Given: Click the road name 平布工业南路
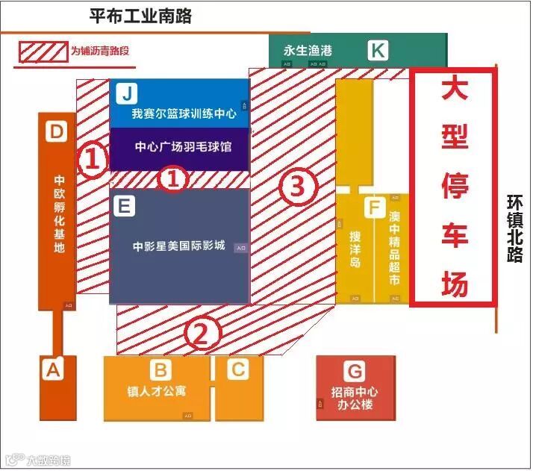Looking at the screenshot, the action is (x=140, y=16).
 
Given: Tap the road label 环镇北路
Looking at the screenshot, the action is (x=514, y=229).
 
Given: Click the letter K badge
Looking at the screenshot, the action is (x=378, y=51).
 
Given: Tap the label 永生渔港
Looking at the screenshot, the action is (x=307, y=51).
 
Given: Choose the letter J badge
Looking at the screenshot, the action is (x=128, y=94).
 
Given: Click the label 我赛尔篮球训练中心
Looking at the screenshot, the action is (x=184, y=114).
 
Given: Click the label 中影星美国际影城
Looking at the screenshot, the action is (x=178, y=246).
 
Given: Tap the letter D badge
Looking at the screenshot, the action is (x=57, y=132).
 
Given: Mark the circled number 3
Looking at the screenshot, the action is (x=296, y=187).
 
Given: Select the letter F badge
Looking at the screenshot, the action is (x=373, y=207).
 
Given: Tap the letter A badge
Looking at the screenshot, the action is (x=52, y=369).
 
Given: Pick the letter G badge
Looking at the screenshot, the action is (x=354, y=371).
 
